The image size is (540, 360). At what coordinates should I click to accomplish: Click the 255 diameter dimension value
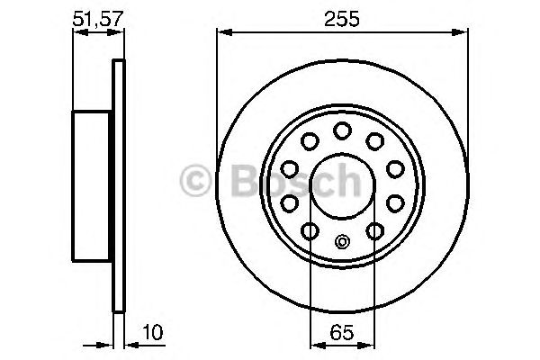342,17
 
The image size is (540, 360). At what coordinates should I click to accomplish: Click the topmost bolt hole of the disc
342,131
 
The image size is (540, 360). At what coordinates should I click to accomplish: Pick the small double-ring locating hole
342,241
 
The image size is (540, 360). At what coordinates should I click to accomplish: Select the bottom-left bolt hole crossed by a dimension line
310,232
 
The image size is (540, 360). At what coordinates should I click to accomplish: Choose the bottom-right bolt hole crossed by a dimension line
374,232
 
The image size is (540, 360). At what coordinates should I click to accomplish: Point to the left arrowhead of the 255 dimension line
221,33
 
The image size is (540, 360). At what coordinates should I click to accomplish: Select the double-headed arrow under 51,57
96,33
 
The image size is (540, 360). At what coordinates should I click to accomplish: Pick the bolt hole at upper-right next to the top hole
374,139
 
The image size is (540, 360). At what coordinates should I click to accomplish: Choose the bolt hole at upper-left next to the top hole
310,139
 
